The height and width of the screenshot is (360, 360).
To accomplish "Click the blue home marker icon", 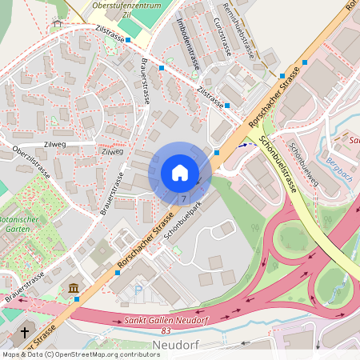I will click(180, 173).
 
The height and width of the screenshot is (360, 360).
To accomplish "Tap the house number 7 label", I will click(184, 198).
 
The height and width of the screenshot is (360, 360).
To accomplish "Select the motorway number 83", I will click(166, 330).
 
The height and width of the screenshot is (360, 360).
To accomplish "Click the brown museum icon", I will click(74, 288).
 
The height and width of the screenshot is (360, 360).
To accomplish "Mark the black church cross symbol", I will click(24, 332).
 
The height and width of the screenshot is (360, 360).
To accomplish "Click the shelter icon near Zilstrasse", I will click(57, 24).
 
